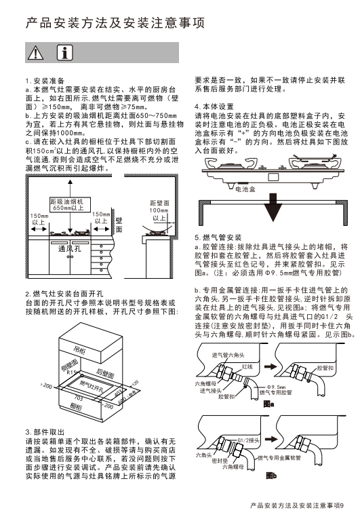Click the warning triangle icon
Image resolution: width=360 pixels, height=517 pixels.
tap(35, 53)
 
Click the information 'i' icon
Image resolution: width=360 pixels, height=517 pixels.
tap(65, 52)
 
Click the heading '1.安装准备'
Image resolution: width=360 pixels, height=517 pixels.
tap(45, 81)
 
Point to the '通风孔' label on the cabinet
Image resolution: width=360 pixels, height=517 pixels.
tap(70, 248)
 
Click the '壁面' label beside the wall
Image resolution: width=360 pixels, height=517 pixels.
tap(119, 225)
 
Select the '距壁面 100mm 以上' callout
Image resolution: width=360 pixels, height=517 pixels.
tap(159, 210)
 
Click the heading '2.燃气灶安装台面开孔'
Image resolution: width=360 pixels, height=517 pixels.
tap(64, 294)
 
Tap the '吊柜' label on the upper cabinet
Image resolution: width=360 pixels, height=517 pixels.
tap(79, 350)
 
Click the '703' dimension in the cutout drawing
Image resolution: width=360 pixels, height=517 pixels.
tap(79, 398)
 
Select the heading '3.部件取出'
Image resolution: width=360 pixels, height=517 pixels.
tap(45, 432)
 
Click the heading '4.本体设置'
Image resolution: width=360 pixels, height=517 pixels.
tap(214, 107)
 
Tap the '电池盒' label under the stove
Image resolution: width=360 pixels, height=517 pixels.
tap(245, 189)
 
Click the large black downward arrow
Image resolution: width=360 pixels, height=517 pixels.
tap(273, 207)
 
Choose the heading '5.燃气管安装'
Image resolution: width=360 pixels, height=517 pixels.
tap(218, 237)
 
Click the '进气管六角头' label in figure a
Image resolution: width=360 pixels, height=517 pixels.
tap(228, 355)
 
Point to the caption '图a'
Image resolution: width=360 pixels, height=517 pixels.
tap(268, 404)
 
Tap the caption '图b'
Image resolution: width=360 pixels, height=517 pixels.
tap(271, 476)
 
